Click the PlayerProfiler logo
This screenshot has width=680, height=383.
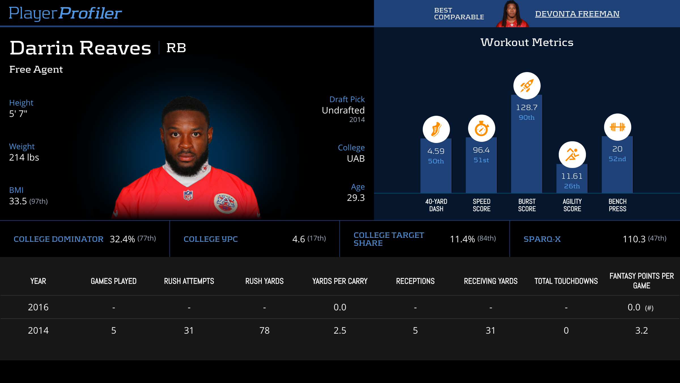click(65, 13)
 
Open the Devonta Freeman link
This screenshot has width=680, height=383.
click(577, 14)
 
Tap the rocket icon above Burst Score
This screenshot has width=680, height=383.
click(527, 86)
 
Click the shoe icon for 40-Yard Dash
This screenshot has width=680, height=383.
click(436, 129)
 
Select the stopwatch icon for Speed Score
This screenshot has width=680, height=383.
click(481, 129)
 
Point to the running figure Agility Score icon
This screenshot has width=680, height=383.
click(572, 155)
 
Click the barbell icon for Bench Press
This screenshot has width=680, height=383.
click(617, 127)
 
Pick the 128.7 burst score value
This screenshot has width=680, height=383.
click(527, 108)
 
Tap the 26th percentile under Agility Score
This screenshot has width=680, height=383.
click(572, 186)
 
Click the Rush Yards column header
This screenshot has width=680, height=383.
click(264, 281)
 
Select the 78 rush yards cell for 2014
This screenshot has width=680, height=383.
click(264, 331)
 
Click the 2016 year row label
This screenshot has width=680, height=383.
click(38, 307)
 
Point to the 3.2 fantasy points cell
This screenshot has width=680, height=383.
click(641, 331)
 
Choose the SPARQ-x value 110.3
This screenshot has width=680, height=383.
click(634, 239)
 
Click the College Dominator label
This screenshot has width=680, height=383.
click(58, 239)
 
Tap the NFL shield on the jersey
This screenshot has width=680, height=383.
click(188, 195)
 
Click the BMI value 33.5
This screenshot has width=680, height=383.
click(18, 201)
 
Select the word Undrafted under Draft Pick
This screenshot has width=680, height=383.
click(343, 110)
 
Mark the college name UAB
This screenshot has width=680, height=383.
click(356, 159)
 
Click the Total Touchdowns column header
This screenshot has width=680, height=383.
click(566, 281)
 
